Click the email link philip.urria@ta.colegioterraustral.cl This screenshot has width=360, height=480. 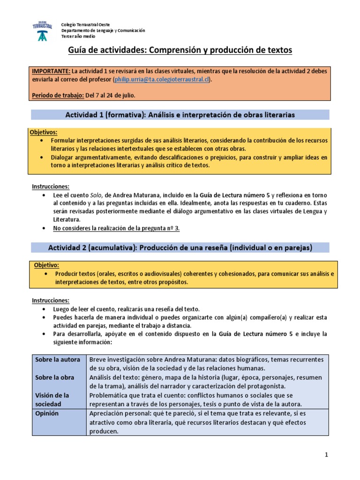point(161,80)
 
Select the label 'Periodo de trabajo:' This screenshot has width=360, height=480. point(58,96)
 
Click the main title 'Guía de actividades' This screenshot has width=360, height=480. point(180,50)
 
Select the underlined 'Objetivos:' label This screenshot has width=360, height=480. point(43,133)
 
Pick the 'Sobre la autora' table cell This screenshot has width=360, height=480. point(58,360)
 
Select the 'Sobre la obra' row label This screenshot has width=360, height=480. point(55,377)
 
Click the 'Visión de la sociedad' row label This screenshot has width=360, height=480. point(52,400)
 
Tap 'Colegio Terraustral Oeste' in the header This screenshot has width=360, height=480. point(90,24)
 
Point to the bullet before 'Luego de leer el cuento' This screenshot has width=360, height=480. point(44,309)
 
